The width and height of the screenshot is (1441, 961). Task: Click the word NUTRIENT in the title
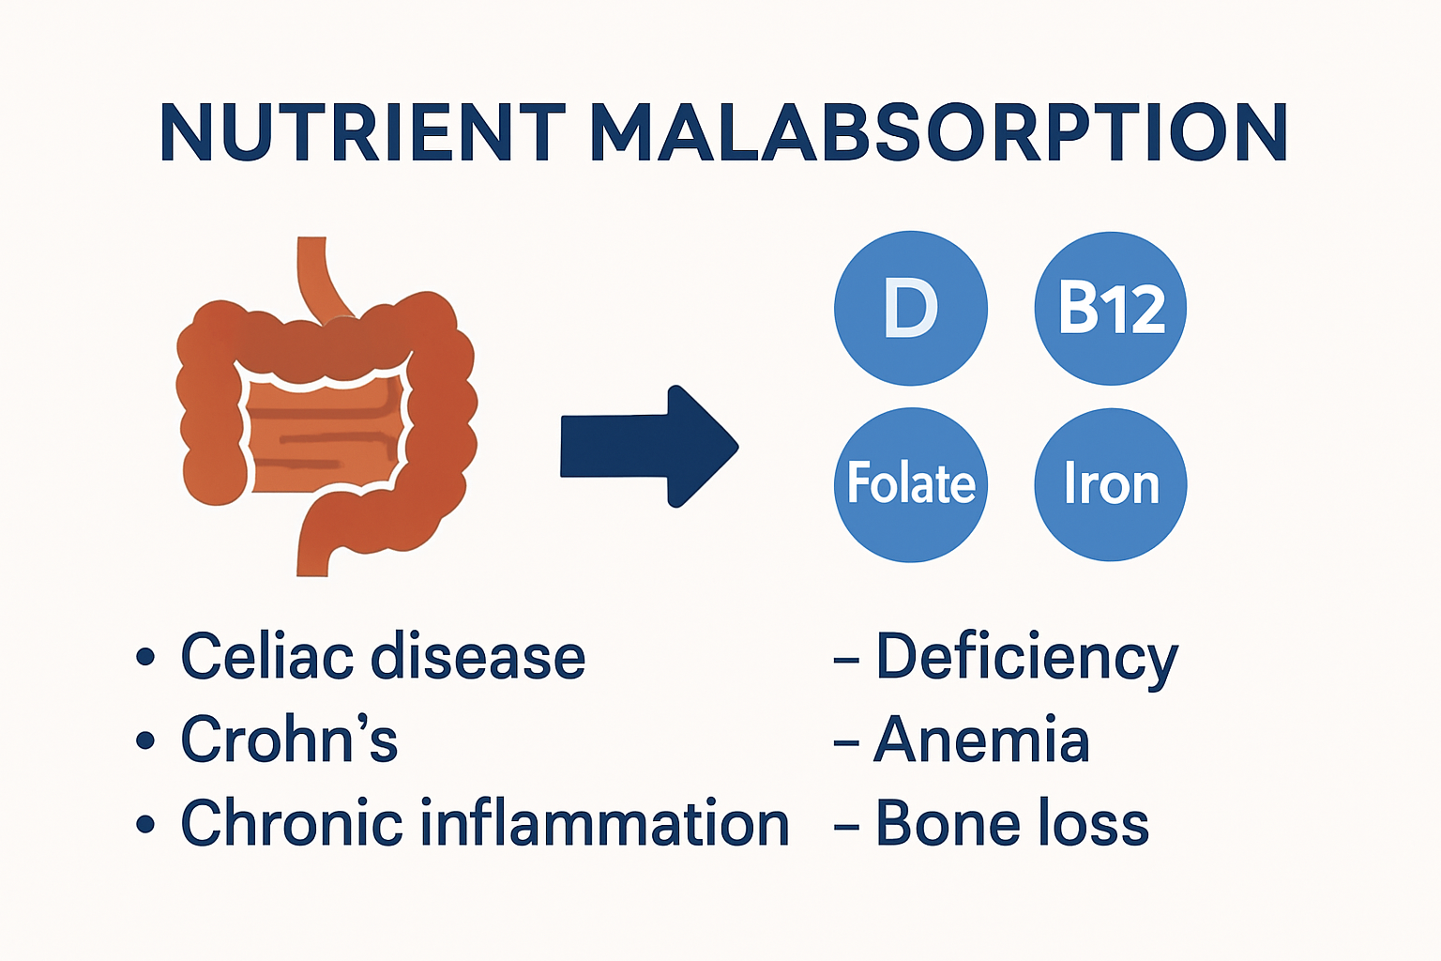(x=362, y=132)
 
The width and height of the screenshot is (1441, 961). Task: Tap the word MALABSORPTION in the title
(x=938, y=132)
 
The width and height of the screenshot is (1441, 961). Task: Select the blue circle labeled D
(x=910, y=308)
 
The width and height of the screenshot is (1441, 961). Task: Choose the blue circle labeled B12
(x=1110, y=308)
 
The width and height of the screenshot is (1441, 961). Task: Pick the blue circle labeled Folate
(x=910, y=484)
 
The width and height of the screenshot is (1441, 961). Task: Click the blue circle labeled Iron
(x=1110, y=484)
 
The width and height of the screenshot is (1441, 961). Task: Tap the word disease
(x=478, y=656)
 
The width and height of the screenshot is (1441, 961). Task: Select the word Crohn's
(x=289, y=740)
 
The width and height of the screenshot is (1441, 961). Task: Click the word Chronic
(x=292, y=823)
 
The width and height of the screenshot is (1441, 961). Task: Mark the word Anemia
(x=981, y=740)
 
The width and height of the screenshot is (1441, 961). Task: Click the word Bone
(x=948, y=823)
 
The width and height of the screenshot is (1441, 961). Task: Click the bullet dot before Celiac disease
(x=144, y=656)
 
